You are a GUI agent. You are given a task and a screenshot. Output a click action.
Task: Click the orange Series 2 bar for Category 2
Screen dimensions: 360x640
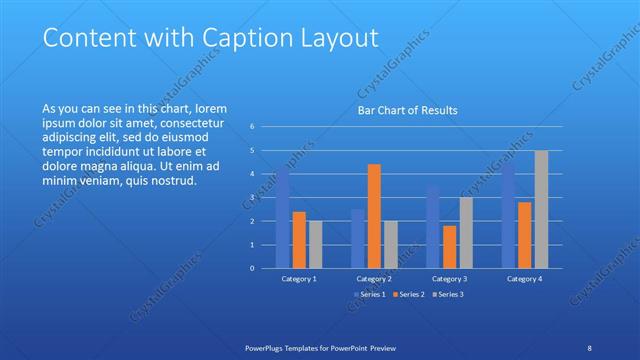click(374, 216)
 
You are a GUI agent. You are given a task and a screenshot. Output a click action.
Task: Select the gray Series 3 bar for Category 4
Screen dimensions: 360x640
click(541, 209)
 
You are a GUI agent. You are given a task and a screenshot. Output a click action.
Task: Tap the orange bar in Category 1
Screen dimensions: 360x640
click(299, 240)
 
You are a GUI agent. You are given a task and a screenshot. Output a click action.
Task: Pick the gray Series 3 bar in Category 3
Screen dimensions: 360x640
click(466, 233)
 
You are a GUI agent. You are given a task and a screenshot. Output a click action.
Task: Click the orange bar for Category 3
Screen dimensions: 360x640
click(449, 247)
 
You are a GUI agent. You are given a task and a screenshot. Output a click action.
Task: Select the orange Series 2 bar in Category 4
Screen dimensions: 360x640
click(525, 235)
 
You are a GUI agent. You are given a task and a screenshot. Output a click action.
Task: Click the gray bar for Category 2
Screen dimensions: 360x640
click(390, 244)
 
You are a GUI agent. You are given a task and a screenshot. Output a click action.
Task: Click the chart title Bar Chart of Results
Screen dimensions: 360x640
click(408, 111)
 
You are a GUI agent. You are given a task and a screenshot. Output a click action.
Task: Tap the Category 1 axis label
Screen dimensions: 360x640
click(299, 279)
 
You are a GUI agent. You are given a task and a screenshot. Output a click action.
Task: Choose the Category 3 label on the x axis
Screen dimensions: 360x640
click(449, 279)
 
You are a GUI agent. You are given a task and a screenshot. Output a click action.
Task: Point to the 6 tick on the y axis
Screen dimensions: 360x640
click(253, 127)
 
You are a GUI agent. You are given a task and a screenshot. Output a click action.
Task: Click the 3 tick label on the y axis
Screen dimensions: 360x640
click(253, 197)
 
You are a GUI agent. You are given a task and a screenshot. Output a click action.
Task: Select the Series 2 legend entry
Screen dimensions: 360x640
click(408, 294)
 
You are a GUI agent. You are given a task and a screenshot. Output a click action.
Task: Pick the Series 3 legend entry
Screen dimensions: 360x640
click(447, 294)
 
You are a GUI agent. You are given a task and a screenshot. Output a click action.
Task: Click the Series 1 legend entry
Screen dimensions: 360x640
click(370, 294)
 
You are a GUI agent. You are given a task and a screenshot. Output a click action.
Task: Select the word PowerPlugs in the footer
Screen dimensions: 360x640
click(268, 348)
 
